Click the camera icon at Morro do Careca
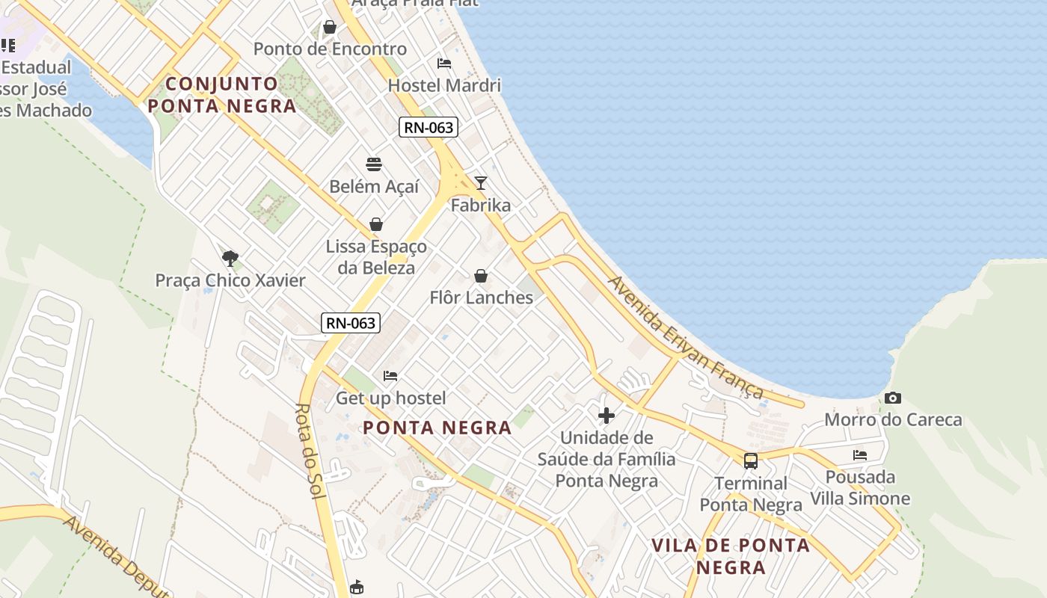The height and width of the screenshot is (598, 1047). (892, 398)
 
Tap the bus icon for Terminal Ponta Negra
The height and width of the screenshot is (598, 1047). (751, 460)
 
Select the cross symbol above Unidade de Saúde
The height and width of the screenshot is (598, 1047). (607, 415)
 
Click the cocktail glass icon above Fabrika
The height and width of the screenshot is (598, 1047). (481, 183)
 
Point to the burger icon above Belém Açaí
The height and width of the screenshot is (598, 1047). (374, 164)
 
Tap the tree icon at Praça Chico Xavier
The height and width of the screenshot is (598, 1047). (230, 259)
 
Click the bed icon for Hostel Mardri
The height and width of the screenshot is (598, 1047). (444, 64)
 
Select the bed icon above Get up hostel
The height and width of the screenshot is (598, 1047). (390, 375)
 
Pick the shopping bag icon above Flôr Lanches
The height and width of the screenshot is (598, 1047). (481, 276)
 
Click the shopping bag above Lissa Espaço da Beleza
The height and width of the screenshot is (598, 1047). (376, 224)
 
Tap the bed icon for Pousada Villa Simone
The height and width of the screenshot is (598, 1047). (860, 454)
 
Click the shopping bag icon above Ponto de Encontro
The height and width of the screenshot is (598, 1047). (329, 28)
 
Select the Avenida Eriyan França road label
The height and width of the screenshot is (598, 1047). (685, 337)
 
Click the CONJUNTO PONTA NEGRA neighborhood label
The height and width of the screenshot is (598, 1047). (222, 94)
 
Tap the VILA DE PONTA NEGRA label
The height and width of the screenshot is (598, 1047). (731, 555)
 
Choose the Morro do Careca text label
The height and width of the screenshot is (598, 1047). (893, 419)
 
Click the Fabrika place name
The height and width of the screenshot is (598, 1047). (481, 205)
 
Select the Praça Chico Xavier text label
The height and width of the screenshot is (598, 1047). (230, 280)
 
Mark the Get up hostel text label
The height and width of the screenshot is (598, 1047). (390, 398)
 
